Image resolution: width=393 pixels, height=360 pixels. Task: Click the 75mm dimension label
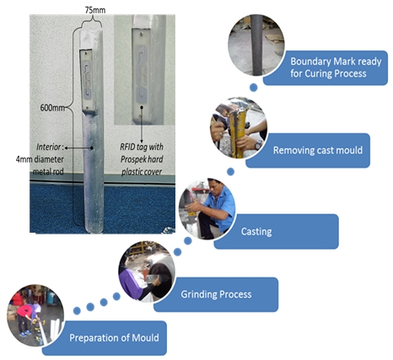coord(95,10)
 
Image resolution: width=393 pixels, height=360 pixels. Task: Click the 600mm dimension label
coord(52,108)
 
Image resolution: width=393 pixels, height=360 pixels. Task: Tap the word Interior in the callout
coord(48,147)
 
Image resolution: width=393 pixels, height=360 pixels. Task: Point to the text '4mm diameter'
coord(40,159)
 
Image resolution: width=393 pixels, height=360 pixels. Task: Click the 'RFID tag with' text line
coord(142,147)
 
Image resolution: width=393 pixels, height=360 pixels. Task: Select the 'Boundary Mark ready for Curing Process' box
coord(326,67)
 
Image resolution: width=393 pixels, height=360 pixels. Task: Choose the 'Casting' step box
coord(276,232)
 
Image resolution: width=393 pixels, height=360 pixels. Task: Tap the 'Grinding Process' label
coord(216,294)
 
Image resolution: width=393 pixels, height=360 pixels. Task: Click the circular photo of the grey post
coord(256,46)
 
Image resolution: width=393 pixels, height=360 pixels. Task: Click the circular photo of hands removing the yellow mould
coord(239,128)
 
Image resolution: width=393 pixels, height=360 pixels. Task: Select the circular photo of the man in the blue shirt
coord(207,209)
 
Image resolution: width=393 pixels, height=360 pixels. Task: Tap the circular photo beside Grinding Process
coord(147,272)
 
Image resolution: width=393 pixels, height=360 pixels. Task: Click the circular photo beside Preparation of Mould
coord(35,315)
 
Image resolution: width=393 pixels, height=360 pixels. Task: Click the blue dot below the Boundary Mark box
coord(253,88)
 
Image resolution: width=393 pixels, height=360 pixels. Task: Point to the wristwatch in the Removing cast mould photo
coord(258,145)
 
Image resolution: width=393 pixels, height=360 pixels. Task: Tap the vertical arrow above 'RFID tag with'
coord(142,124)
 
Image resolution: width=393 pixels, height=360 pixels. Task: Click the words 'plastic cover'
coord(142,172)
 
